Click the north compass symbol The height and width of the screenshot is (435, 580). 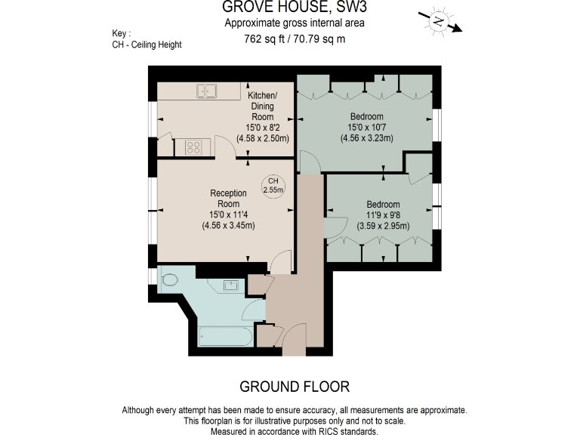(438, 22)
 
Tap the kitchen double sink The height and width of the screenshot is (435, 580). (207, 91)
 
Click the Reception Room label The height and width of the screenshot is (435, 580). (228, 199)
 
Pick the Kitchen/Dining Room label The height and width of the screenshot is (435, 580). (262, 106)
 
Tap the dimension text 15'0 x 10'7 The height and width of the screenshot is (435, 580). (366, 128)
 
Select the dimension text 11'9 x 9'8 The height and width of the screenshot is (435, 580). (383, 214)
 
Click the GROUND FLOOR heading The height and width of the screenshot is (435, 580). (294, 387)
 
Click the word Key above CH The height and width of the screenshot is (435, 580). (120, 34)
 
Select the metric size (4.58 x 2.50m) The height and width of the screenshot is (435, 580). (262, 139)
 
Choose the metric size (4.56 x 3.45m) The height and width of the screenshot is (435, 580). (227, 225)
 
